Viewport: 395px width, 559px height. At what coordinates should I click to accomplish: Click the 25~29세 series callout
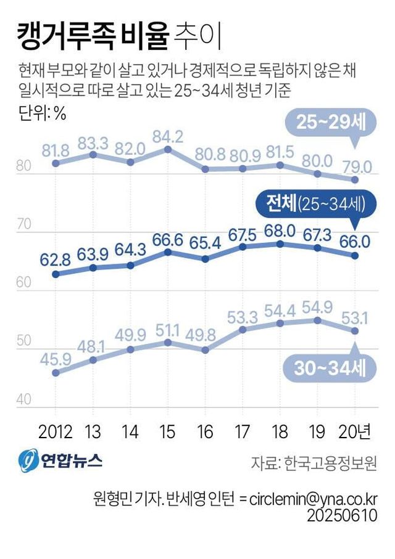coord(326,123)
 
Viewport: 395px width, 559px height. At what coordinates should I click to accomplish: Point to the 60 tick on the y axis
coord(24,283)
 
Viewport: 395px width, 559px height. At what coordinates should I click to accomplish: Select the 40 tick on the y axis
coord(24,400)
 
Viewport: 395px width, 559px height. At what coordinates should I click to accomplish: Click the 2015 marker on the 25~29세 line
coord(168,149)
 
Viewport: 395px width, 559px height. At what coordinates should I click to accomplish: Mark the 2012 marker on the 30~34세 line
coord(56,373)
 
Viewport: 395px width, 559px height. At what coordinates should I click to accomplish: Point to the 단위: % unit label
coord(41,113)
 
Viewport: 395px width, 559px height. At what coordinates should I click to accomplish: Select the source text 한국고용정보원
coord(330,463)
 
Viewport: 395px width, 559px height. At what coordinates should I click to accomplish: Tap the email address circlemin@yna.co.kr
coord(314,498)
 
